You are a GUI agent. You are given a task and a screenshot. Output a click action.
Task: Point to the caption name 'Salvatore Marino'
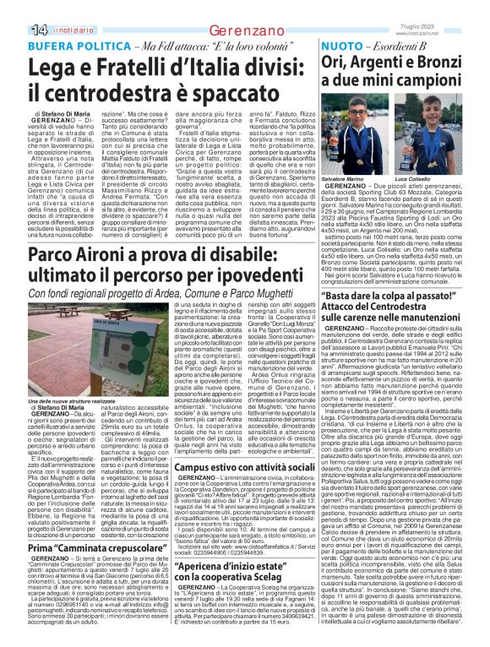349,156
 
